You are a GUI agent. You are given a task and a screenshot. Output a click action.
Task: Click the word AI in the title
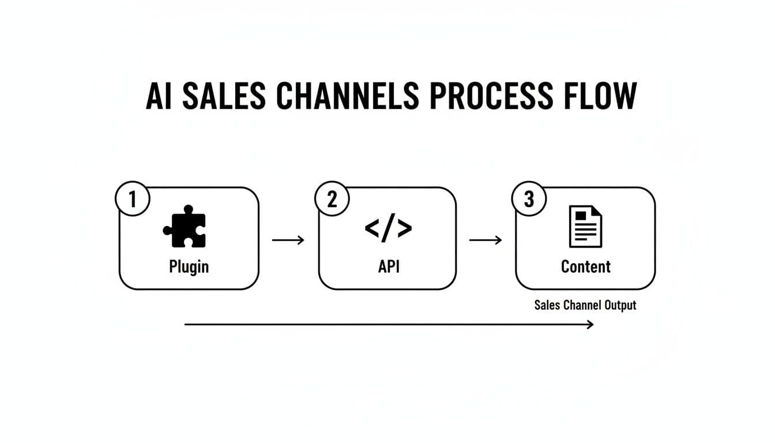pos(160,96)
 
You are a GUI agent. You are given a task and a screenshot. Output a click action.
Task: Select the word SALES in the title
pos(224,96)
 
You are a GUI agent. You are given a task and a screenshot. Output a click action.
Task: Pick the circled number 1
pos(133,199)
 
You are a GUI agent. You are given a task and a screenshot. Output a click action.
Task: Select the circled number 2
pos(332,199)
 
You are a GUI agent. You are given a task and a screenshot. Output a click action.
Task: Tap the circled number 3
pos(529,199)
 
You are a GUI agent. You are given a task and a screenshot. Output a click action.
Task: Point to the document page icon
pos(585,227)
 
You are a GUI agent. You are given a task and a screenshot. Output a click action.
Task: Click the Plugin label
pos(189,266)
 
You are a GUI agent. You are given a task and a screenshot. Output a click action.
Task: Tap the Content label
pos(585,266)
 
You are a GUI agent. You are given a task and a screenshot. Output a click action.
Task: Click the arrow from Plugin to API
pos(288,240)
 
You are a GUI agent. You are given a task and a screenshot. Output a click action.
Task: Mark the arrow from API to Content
pos(486,240)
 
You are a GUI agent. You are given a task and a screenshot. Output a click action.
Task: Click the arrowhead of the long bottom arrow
pos(590,325)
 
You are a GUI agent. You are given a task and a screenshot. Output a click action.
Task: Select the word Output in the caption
pos(620,305)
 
